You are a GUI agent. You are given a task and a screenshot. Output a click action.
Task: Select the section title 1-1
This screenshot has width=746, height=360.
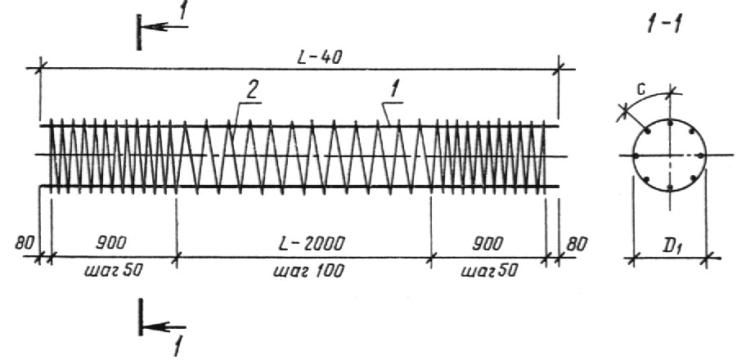pos(663,24)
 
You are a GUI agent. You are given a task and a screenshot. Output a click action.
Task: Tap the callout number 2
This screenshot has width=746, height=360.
pos(252,91)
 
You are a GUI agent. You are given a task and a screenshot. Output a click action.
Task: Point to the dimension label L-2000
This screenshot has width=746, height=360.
pos(310,243)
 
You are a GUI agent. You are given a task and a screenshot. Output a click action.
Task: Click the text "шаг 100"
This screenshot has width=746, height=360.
pos(308,271)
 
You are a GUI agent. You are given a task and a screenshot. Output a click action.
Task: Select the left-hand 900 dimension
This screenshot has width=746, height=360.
pos(111,243)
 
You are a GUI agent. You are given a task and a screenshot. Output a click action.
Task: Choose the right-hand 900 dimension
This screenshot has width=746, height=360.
pos(487,244)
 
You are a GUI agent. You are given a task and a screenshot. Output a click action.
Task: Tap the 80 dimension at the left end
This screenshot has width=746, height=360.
pos(24,243)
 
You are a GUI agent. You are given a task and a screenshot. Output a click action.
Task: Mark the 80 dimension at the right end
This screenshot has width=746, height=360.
pos(576,244)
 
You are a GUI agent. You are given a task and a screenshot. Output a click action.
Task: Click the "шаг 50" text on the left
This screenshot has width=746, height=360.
pos(113,271)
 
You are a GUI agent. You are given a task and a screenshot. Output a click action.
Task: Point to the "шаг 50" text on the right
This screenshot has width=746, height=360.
pos(488,271)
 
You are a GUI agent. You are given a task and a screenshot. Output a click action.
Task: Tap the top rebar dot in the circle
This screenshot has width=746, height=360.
pos(670,124)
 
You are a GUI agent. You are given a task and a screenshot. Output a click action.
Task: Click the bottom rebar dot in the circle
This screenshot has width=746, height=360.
pos(670,188)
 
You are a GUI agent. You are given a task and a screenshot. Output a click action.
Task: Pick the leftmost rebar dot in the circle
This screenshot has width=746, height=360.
pos(636,155)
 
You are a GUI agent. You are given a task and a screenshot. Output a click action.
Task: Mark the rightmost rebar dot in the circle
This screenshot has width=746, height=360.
pos(702,155)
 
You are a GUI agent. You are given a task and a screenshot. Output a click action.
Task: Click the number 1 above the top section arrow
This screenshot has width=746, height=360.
pos(182,11)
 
